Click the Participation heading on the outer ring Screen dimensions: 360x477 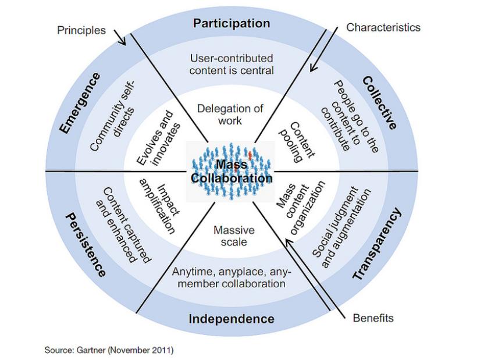[x=232, y=23]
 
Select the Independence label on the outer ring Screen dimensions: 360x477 [x=232, y=319]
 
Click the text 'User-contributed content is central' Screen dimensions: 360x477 [x=232, y=65]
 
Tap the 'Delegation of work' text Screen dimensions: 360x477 [x=230, y=114]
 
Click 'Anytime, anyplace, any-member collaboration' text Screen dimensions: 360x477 [x=232, y=277]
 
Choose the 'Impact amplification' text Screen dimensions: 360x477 [x=156, y=204]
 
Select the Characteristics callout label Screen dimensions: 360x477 [x=383, y=27]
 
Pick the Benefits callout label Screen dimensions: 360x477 [x=373, y=318]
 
